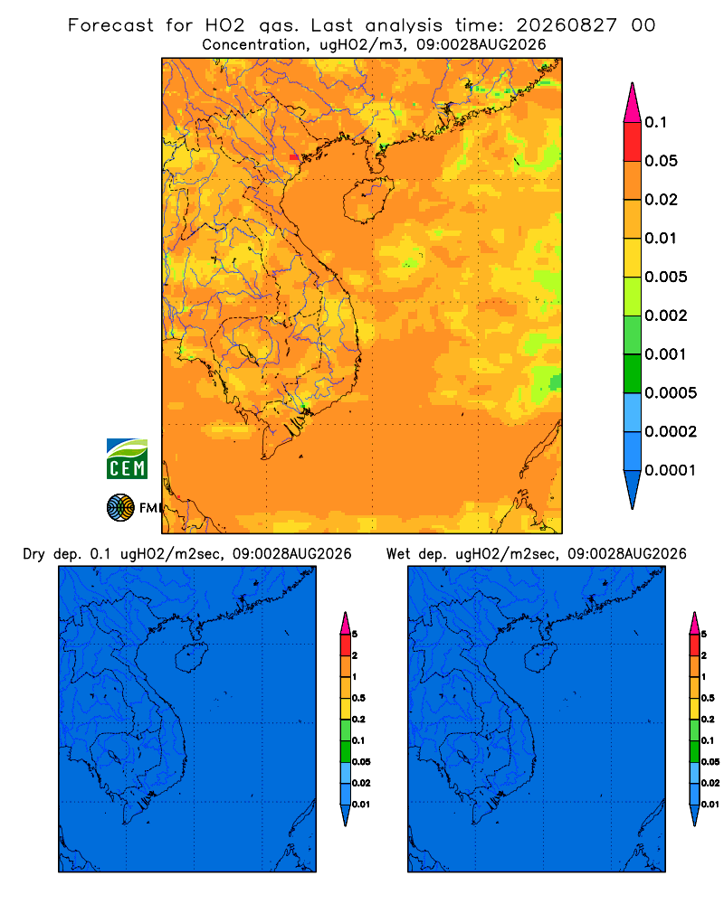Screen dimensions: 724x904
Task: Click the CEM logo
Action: [127, 459]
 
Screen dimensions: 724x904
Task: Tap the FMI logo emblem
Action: [120, 508]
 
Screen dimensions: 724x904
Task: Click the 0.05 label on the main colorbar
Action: [661, 161]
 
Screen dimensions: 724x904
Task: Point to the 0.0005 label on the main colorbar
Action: [671, 393]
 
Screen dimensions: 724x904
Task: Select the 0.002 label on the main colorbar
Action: [666, 315]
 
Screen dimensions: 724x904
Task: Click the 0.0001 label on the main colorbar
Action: [671, 470]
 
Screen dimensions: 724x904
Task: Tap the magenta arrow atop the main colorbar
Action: [633, 103]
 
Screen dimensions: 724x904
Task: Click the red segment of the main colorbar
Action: [633, 142]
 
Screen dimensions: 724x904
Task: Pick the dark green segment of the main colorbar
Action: [633, 373]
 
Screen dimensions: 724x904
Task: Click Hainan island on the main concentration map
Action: [367, 200]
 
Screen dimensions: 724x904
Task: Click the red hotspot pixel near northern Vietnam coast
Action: [294, 157]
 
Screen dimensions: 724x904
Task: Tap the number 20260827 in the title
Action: [566, 25]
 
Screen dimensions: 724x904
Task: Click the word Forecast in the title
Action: [110, 25]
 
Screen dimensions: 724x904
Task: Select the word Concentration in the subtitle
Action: [254, 45]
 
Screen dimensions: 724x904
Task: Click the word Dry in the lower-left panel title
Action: [33, 554]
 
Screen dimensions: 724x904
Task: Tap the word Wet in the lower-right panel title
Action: [397, 554]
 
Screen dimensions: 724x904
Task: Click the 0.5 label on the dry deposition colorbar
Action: [358, 698]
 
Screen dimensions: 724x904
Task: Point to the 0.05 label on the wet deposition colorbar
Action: [710, 761]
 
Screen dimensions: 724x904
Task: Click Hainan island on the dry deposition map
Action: [189, 658]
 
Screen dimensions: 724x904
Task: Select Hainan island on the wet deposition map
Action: [539, 658]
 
